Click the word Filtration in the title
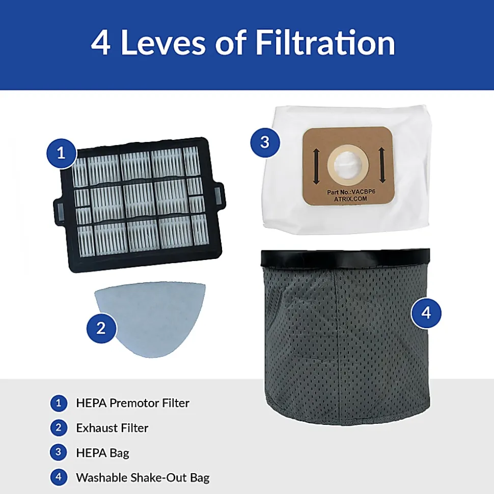pos(325,42)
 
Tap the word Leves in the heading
pos(163,42)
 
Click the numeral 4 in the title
pos(101,43)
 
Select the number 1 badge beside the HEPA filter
pos(62,154)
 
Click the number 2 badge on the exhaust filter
pos(101,328)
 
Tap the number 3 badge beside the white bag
pos(265,142)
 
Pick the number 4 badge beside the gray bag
pos(426,313)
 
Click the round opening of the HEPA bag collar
pos(347,165)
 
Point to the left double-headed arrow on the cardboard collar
pos(316,167)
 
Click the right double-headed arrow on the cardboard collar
pos(382,165)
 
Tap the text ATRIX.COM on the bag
pos(350,199)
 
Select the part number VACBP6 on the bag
pos(364,192)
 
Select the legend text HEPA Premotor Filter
pos(133,403)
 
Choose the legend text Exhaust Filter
pos(113,428)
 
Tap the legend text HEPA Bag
pos(103,453)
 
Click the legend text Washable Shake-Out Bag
pos(143,478)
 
